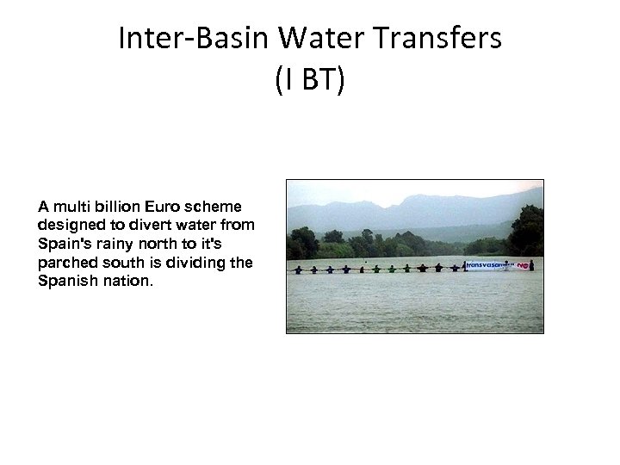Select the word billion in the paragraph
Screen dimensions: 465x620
click(x=100, y=207)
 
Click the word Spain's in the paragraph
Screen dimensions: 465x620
click(x=63, y=244)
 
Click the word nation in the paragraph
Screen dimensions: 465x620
click(x=126, y=282)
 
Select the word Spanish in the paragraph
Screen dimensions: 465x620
click(x=66, y=282)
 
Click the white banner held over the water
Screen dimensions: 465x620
click(x=488, y=266)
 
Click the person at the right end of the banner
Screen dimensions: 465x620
click(x=531, y=265)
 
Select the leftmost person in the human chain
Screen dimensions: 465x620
click(x=298, y=270)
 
